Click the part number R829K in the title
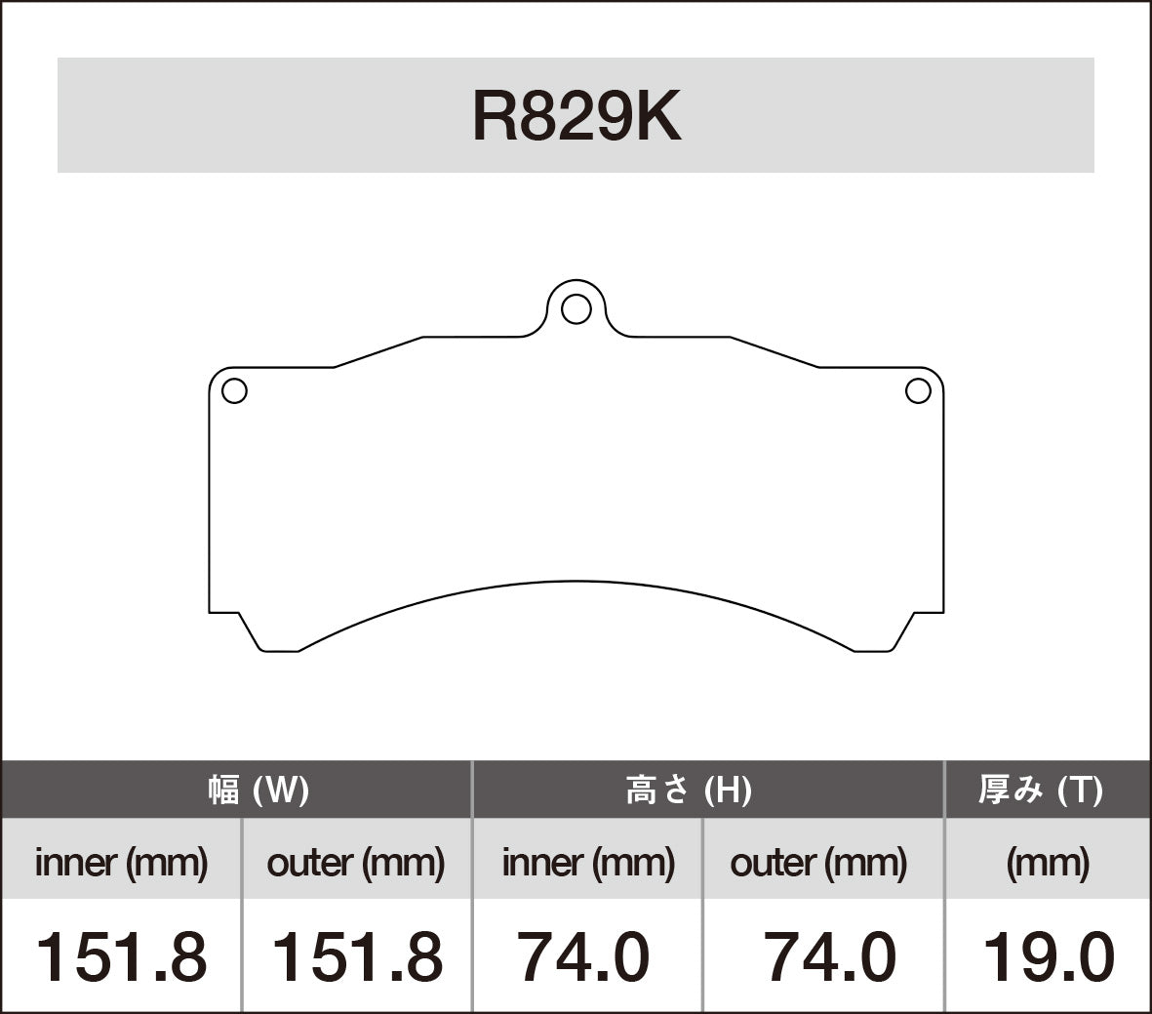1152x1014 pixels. coord(576,117)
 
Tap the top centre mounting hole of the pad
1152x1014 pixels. coord(576,308)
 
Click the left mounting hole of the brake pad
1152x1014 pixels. coord(234,391)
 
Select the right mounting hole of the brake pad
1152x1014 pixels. coord(918,391)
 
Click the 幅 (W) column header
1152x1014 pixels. coord(258,790)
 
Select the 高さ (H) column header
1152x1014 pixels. coord(688,790)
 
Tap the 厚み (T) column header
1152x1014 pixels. coord(1041,790)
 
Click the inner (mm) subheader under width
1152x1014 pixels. coord(121,862)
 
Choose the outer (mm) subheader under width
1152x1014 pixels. coord(356,862)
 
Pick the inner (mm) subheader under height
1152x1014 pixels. coord(588,862)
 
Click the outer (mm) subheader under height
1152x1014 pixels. coord(818,862)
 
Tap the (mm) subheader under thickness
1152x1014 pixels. coord(1048,862)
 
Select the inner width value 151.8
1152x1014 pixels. coord(121,957)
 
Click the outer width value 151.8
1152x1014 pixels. coord(356,957)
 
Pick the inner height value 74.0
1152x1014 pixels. coord(582,957)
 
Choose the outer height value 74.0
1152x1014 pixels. coord(830,957)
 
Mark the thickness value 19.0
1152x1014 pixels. coord(1048,957)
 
